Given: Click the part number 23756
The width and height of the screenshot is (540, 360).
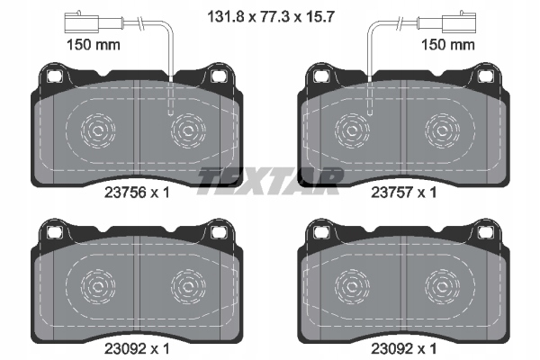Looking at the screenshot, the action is [126, 193].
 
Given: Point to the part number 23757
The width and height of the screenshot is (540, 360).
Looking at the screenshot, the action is [392, 193].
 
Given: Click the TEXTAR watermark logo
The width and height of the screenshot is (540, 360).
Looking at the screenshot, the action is [270, 181].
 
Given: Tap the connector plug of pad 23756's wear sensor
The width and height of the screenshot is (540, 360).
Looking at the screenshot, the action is [82, 22].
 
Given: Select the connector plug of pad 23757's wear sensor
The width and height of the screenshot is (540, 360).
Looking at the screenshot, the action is [459, 22].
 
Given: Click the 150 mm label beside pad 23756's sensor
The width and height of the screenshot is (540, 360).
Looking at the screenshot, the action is [94, 45].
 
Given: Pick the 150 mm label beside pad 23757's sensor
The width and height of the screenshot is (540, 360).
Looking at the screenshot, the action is [448, 45].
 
